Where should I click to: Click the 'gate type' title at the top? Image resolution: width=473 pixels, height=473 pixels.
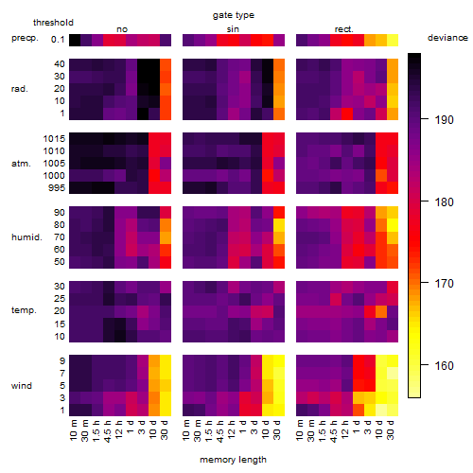click(234, 15)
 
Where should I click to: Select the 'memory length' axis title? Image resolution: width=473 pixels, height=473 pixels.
click(233, 460)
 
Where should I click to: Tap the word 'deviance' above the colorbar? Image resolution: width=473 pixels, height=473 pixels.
click(447, 38)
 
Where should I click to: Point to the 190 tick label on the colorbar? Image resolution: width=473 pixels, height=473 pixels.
click(444, 120)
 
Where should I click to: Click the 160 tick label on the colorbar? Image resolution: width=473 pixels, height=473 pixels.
click(444, 366)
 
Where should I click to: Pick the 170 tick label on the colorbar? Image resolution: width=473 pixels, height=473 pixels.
click(444, 284)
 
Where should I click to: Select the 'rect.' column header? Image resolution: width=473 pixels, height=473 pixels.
click(344, 29)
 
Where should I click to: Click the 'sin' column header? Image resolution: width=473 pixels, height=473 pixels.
click(233, 29)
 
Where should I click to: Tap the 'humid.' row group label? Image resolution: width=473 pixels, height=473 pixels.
click(26, 237)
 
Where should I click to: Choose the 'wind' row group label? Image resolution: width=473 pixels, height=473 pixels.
click(22, 386)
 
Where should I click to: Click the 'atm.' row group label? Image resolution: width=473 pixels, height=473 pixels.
click(21, 164)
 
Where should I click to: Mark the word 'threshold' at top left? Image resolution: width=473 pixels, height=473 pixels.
click(53, 23)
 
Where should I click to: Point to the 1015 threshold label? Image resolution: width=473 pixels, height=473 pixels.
click(54, 139)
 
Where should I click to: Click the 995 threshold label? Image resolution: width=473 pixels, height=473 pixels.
click(57, 188)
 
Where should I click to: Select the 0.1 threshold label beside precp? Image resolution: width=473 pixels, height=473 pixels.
click(58, 40)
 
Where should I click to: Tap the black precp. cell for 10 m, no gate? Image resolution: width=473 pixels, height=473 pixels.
click(75, 41)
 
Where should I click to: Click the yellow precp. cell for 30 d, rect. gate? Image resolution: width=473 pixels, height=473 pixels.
click(393, 41)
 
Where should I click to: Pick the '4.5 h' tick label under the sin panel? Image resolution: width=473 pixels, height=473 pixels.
click(220, 431)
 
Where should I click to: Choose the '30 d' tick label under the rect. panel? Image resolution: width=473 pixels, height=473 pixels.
click(391, 429)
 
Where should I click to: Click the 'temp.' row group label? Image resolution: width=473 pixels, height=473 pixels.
click(24, 310)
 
